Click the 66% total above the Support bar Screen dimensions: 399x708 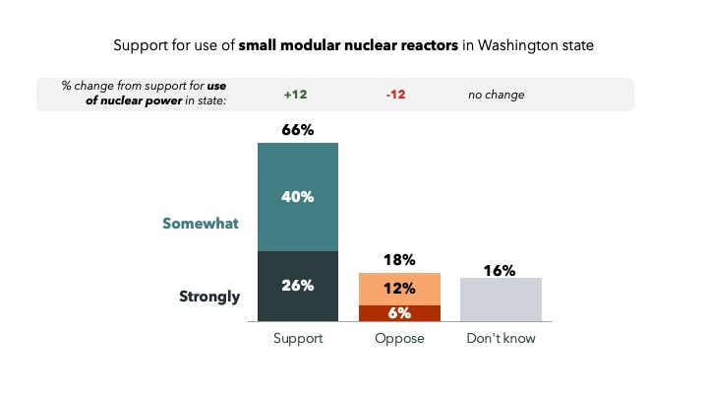click(297, 130)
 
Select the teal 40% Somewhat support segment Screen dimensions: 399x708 click(297, 197)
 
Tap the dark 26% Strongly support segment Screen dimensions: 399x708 click(297, 286)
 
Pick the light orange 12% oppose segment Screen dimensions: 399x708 click(399, 289)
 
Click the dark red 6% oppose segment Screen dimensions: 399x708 click(399, 312)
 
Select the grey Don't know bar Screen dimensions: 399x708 click(501, 299)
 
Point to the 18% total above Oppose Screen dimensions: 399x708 click(399, 260)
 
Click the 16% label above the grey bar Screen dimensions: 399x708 click(501, 271)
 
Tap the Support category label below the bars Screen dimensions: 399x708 click(297, 339)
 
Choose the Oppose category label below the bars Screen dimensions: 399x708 click(399, 339)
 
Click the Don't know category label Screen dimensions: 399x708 click(501, 339)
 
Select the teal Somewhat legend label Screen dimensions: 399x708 click(201, 224)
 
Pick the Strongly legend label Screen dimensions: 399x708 click(209, 296)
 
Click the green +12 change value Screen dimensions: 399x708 click(296, 96)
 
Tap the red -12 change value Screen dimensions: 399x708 click(398, 96)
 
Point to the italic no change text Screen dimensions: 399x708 click(496, 96)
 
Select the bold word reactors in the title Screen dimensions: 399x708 click(430, 45)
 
